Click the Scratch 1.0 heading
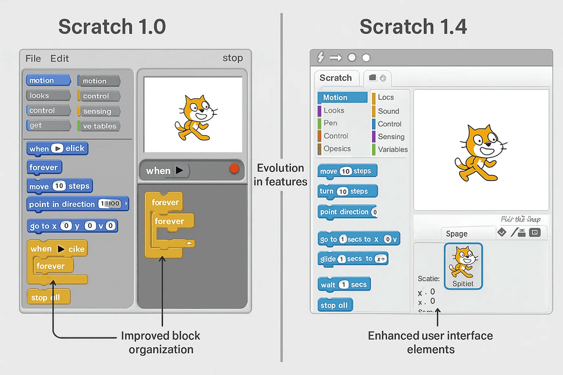(112, 27)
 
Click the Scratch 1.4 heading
(413, 27)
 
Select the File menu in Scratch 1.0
(33, 58)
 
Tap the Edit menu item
(60, 58)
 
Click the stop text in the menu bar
(233, 58)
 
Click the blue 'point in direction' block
(78, 204)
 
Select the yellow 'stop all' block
(48, 297)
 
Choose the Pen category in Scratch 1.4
(330, 123)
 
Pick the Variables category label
(393, 149)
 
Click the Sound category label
(389, 111)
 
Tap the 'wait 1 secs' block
(344, 284)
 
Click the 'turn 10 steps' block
(347, 191)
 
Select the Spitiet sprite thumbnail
(463, 266)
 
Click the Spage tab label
(457, 234)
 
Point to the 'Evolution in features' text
(280, 174)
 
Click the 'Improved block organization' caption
(161, 342)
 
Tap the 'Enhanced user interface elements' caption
(431, 342)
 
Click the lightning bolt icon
(319, 58)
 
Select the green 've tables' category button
(99, 126)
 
